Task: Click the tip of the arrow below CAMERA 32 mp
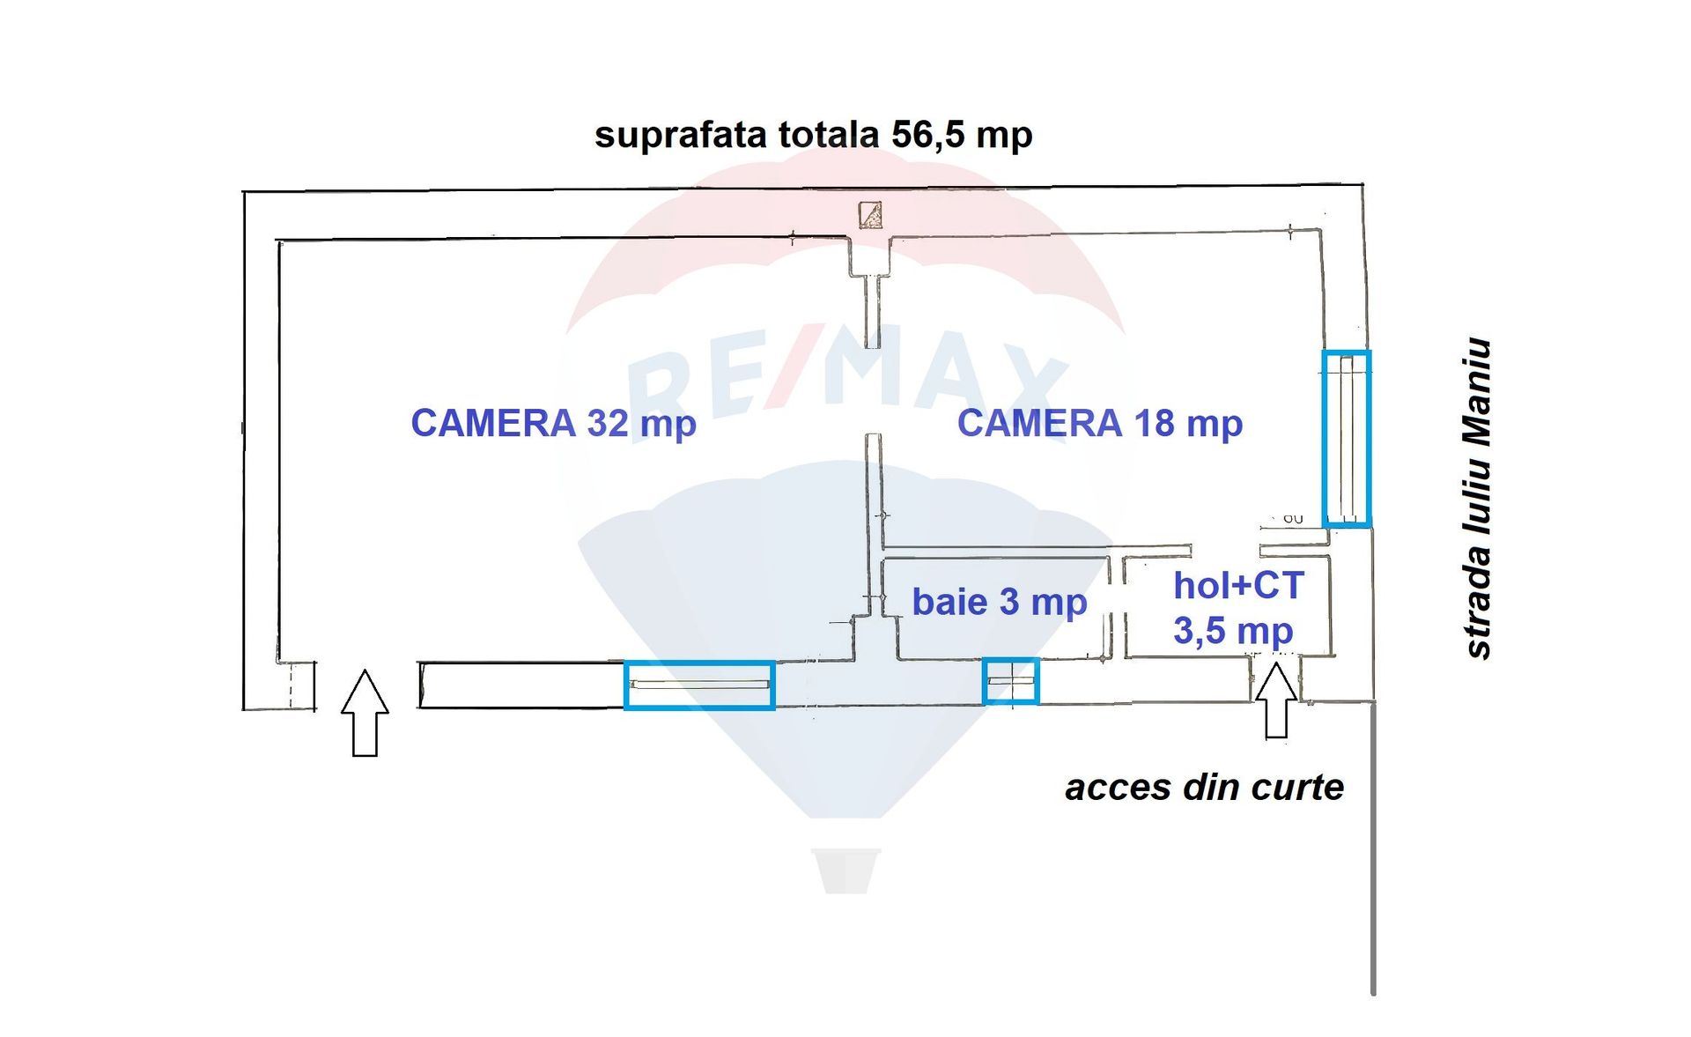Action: tap(365, 670)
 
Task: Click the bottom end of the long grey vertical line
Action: tap(1373, 995)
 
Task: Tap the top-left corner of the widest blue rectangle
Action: tap(625, 662)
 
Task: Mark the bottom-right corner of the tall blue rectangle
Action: tap(1370, 527)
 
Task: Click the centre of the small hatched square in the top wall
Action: tap(871, 215)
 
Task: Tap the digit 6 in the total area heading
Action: tap(925, 135)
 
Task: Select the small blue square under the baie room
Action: tap(1011, 681)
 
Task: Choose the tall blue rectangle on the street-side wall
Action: tap(1347, 439)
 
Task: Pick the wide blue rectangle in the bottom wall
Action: tap(699, 685)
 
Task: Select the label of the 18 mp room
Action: tap(1100, 424)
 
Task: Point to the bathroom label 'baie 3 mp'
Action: tap(1000, 603)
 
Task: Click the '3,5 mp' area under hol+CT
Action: tap(1233, 632)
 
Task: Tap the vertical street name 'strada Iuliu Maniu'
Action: tap(1477, 499)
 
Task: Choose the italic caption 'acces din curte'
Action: tap(1204, 787)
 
